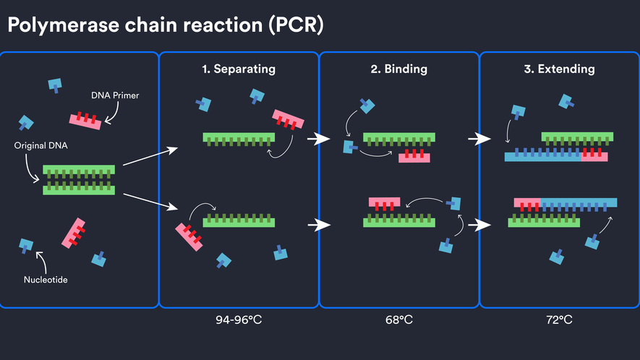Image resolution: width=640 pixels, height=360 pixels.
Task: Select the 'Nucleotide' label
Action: pos(46,279)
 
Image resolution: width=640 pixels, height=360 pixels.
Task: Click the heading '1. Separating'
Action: pos(238,69)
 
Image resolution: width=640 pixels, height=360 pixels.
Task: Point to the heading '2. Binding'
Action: pos(398,69)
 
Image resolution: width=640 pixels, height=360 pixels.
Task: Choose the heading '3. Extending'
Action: pos(559,69)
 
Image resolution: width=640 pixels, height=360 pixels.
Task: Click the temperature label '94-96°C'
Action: pos(238,319)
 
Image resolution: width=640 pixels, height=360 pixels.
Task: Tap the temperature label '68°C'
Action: pos(398,319)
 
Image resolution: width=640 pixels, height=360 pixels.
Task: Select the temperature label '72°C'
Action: pos(559,319)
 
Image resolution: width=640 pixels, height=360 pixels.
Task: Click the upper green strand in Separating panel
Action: pos(239,137)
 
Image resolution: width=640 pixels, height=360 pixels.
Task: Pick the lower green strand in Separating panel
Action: pos(239,221)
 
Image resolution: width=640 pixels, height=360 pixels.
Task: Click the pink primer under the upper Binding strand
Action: pos(414,157)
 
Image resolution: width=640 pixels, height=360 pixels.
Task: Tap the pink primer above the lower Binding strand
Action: pos(384,202)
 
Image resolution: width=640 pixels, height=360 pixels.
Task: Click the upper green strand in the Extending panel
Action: pos(577,137)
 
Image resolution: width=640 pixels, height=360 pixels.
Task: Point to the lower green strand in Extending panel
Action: pos(547,222)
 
